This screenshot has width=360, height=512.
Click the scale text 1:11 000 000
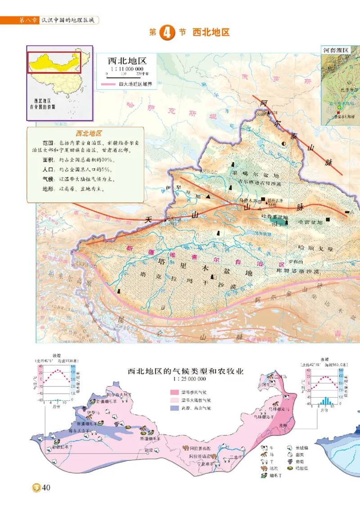tap(124, 69)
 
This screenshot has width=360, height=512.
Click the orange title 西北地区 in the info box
tap(88, 134)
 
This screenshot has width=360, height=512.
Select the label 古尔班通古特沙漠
tap(256, 184)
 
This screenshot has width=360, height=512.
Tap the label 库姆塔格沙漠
tap(298, 271)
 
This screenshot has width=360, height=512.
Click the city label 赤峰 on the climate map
tap(283, 425)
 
